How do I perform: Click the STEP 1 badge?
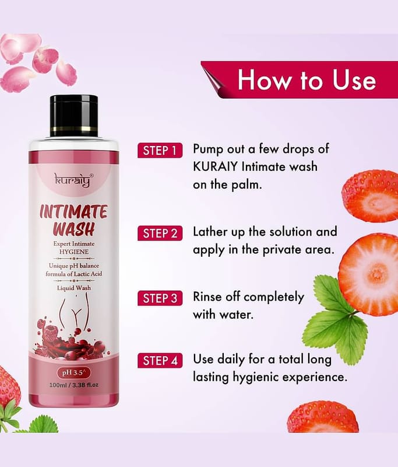pos(160,151)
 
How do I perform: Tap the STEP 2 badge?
pos(160,233)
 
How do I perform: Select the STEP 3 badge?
pos(160,298)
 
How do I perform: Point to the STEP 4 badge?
pos(160,360)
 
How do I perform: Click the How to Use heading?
pos(307,80)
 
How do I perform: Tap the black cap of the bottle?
pos(74,116)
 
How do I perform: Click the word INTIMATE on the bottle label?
pos(73,212)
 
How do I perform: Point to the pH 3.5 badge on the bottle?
pos(74,372)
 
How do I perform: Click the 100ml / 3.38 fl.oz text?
pos(74,385)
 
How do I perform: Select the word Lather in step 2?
pos(210,231)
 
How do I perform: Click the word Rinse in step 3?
pos(207,297)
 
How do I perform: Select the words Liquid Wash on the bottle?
pos(74,288)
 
